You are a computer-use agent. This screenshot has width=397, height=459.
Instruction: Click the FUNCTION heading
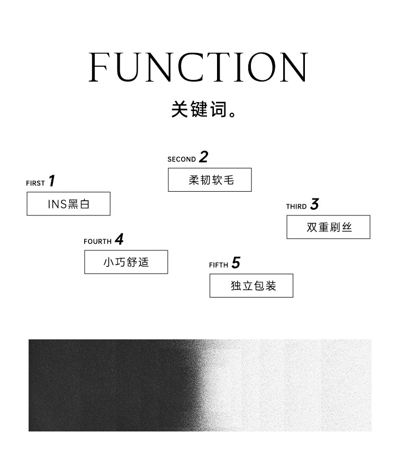click(x=198, y=67)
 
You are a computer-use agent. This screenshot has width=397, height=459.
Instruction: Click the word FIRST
click(x=35, y=183)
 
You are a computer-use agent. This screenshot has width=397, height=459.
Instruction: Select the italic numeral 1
click(x=52, y=181)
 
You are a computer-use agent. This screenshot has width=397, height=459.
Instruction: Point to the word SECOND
click(x=182, y=159)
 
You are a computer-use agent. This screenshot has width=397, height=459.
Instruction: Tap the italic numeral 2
click(x=204, y=157)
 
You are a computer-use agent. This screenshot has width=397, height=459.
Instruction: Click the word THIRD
click(x=296, y=206)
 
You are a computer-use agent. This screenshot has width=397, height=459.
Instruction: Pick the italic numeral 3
click(x=314, y=204)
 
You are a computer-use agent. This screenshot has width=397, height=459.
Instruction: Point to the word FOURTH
click(x=97, y=241)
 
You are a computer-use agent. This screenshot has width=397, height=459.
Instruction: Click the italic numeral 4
click(x=119, y=239)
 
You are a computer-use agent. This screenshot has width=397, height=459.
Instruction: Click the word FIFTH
click(x=219, y=265)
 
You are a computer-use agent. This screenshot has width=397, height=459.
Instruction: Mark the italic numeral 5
click(x=236, y=263)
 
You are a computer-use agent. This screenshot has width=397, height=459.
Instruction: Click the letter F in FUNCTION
click(x=98, y=67)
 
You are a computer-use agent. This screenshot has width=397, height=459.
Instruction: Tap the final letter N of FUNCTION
click(x=294, y=67)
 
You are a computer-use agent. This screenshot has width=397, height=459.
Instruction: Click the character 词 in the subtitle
click(x=219, y=109)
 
